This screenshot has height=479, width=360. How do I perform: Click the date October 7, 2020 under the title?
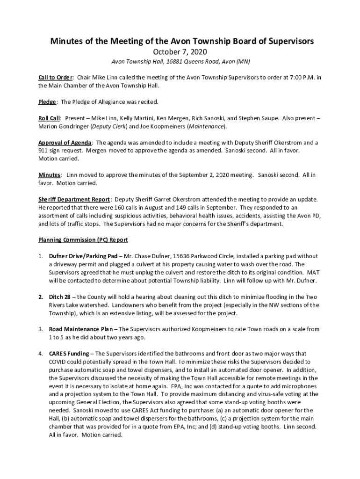[x=180, y=52]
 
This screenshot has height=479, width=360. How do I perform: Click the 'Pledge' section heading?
[x=47, y=102]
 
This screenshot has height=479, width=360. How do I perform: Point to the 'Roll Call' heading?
[x=49, y=118]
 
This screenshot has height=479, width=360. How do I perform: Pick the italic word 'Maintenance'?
[x=206, y=126]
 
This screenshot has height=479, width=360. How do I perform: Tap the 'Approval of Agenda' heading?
[x=65, y=143]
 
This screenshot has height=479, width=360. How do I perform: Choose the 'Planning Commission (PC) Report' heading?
[x=83, y=240]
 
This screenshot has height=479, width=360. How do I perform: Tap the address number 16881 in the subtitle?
[x=172, y=62]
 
